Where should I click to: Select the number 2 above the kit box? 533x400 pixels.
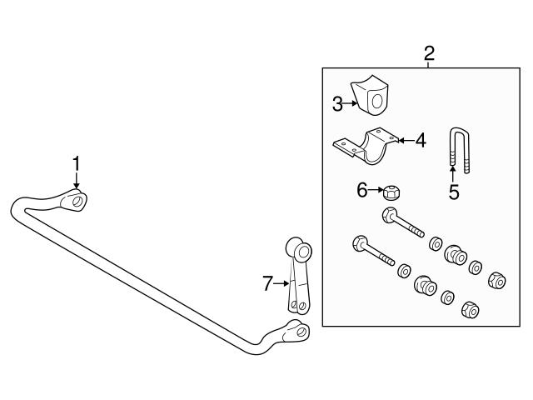(429, 54)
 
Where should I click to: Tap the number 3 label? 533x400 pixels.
(337, 104)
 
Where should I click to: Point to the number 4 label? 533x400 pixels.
(421, 141)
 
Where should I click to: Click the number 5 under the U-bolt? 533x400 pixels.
(453, 192)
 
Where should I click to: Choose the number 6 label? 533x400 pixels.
(362, 191)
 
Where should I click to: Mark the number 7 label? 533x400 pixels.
(267, 284)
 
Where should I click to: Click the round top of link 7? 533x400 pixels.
(298, 249)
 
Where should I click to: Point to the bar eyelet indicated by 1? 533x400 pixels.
(77, 200)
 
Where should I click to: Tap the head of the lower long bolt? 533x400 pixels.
(360, 244)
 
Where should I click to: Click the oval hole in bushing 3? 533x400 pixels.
(376, 101)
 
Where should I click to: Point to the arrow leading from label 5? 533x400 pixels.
(453, 173)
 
